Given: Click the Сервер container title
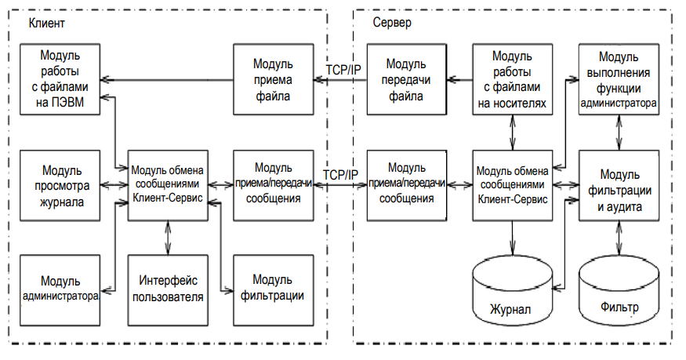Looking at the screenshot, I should [x=393, y=24].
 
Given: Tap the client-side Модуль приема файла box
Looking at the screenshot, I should [x=273, y=80].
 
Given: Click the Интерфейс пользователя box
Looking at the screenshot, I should [x=168, y=289].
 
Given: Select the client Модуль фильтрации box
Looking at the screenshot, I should [x=273, y=289].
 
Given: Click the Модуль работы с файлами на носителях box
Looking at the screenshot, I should [x=511, y=80].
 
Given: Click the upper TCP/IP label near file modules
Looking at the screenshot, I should [x=343, y=70].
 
